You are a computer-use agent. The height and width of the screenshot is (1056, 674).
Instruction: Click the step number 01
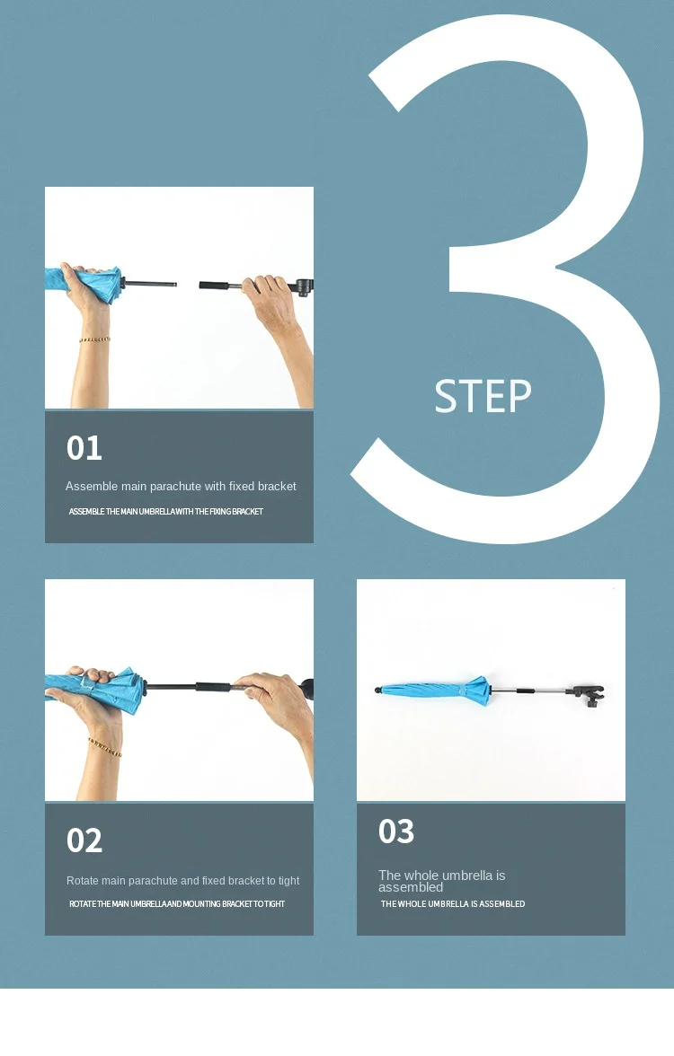[84, 448]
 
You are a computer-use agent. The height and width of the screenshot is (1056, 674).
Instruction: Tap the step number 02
[84, 840]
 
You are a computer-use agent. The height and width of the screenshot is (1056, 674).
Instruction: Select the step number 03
[396, 832]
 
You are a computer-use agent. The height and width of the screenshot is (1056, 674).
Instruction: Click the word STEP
[483, 396]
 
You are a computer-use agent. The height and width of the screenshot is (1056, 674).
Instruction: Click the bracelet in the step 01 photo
[94, 339]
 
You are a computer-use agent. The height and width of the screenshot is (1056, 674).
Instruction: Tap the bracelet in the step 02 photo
[105, 747]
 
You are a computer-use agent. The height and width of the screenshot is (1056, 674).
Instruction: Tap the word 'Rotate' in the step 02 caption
[83, 880]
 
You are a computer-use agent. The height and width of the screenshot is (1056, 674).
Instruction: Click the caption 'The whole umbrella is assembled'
[441, 881]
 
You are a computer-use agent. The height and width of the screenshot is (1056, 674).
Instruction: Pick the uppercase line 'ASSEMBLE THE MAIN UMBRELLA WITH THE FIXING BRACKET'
[165, 512]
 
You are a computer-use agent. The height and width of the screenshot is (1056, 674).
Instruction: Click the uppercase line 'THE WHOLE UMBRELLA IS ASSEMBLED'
[453, 903]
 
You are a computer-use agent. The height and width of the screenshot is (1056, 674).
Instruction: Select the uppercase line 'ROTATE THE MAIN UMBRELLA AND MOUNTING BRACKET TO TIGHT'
[177, 903]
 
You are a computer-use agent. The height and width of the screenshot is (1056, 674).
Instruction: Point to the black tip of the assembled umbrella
[379, 690]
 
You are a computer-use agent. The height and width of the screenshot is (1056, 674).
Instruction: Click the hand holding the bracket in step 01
[273, 300]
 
